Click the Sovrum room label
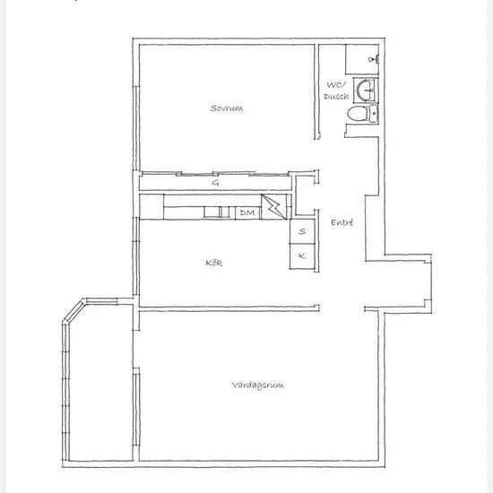[x=227, y=108]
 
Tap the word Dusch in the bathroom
[x=336, y=96]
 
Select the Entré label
[x=342, y=222]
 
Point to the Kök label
[x=214, y=263]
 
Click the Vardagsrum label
[x=258, y=385]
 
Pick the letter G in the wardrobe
[x=215, y=182]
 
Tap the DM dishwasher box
[x=247, y=212]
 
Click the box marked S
[x=302, y=231]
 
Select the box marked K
[x=302, y=256]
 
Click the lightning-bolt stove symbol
[x=274, y=206]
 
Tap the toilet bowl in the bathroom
[x=358, y=113]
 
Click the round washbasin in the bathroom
[x=365, y=91]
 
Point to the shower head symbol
[x=373, y=59]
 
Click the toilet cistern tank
[x=373, y=113]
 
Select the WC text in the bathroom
[x=336, y=85]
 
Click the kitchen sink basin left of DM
[x=212, y=212]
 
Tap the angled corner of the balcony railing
[x=74, y=310]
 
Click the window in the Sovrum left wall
[x=136, y=128]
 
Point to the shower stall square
[x=362, y=59]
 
